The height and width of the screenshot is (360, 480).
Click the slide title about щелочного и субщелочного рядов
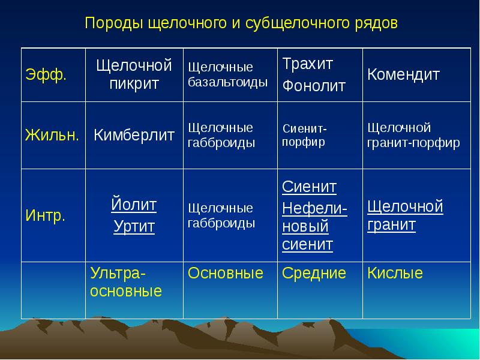pyautogui.click(x=241, y=23)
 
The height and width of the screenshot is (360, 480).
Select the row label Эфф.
pyautogui.click(x=46, y=74)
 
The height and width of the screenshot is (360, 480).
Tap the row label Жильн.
pyautogui.click(x=52, y=134)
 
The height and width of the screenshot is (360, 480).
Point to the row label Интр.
pyautogui.click(x=46, y=215)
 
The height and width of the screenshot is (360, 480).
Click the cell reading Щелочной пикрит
pyautogui.click(x=134, y=74)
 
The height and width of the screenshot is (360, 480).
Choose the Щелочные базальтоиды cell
pyautogui.click(x=228, y=74)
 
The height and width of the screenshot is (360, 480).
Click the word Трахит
pyautogui.click(x=308, y=64)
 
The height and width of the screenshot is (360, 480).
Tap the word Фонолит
pyautogui.click(x=314, y=86)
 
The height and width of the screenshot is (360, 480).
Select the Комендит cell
pyautogui.click(x=403, y=74)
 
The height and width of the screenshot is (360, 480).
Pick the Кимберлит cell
pyautogui.click(x=134, y=134)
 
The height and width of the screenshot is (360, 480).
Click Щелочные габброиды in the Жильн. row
pyautogui.click(x=221, y=135)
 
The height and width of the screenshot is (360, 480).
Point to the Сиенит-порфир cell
pyautogui.click(x=305, y=135)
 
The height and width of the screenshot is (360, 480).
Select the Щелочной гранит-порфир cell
pyautogui.click(x=413, y=135)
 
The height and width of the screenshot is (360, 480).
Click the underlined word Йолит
pyautogui.click(x=134, y=204)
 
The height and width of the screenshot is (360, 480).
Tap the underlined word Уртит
pyautogui.click(x=134, y=227)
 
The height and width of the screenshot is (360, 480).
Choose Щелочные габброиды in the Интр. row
pyautogui.click(x=221, y=215)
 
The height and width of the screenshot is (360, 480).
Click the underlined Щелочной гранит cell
pyautogui.click(x=405, y=215)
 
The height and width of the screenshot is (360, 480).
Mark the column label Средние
pyautogui.click(x=314, y=273)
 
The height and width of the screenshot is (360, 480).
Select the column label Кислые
pyautogui.click(x=395, y=273)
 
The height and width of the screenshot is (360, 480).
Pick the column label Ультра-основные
pyautogui.click(x=126, y=282)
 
